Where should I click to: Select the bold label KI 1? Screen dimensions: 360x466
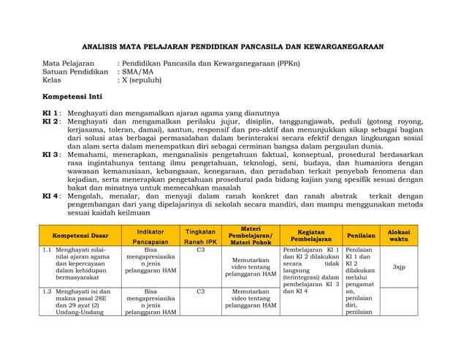pyautogui.click(x=50, y=113)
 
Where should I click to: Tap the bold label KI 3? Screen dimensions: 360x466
pyautogui.click(x=50, y=155)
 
